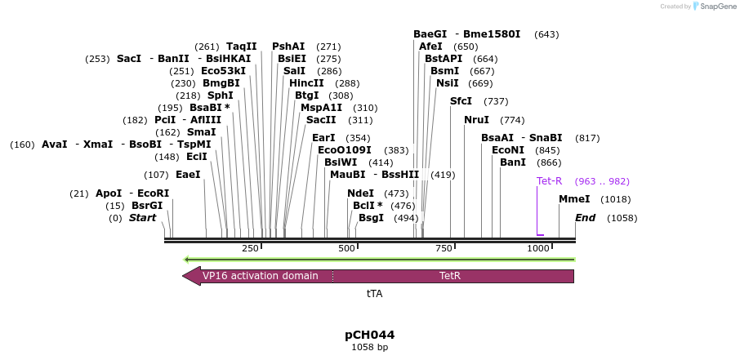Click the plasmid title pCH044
(x=369, y=335)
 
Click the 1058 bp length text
(x=369, y=347)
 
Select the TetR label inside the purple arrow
(x=450, y=276)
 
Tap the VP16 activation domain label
(x=260, y=276)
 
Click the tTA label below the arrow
(x=374, y=293)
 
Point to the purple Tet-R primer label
(x=549, y=181)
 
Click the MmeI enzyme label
(x=574, y=199)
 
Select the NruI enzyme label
(x=476, y=120)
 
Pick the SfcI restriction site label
(x=461, y=101)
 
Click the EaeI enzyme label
(x=188, y=175)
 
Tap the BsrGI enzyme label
(x=147, y=206)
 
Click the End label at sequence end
(x=585, y=218)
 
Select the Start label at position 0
(x=142, y=218)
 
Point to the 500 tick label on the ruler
(x=347, y=248)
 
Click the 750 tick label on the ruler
(x=444, y=248)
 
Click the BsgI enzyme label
(x=371, y=218)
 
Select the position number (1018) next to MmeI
(x=615, y=199)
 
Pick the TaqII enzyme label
(x=242, y=47)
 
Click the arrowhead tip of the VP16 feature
(x=184, y=276)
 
